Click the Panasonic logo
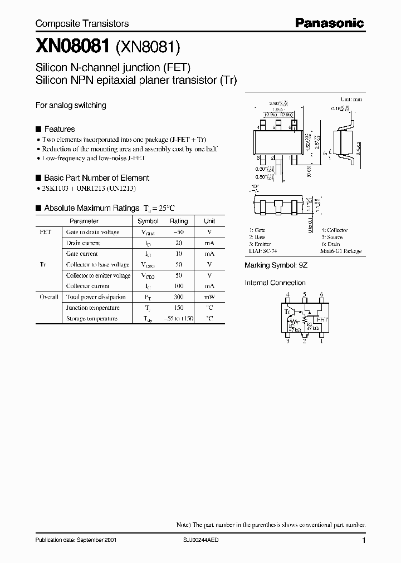pyautogui.click(x=329, y=23)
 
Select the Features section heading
pyautogui.click(x=59, y=129)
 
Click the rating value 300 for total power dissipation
pyautogui.click(x=179, y=297)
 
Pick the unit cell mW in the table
pyautogui.click(x=209, y=297)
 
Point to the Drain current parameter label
pyautogui.click(x=83, y=243)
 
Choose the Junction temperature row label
pyautogui.click(x=92, y=308)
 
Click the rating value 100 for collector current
pyautogui.click(x=179, y=286)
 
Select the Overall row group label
pyautogui.click(x=49, y=297)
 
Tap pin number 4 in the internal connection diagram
pyautogui.click(x=288, y=294)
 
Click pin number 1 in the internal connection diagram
pyautogui.click(x=321, y=342)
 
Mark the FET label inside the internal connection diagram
pyautogui.click(x=322, y=320)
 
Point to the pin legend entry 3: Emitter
pyautogui.click(x=261, y=244)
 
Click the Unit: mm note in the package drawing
pyautogui.click(x=351, y=98)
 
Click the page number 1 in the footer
pyautogui.click(x=364, y=540)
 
